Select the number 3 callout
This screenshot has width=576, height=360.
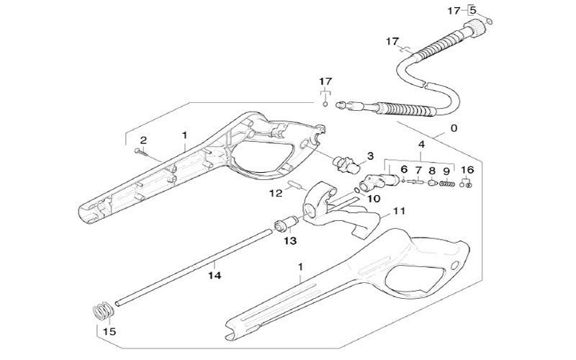click(x=369, y=156)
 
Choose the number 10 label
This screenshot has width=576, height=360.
click(x=374, y=197)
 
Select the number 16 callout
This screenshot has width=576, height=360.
click(x=467, y=170)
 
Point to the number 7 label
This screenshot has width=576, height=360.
click(x=417, y=171)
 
